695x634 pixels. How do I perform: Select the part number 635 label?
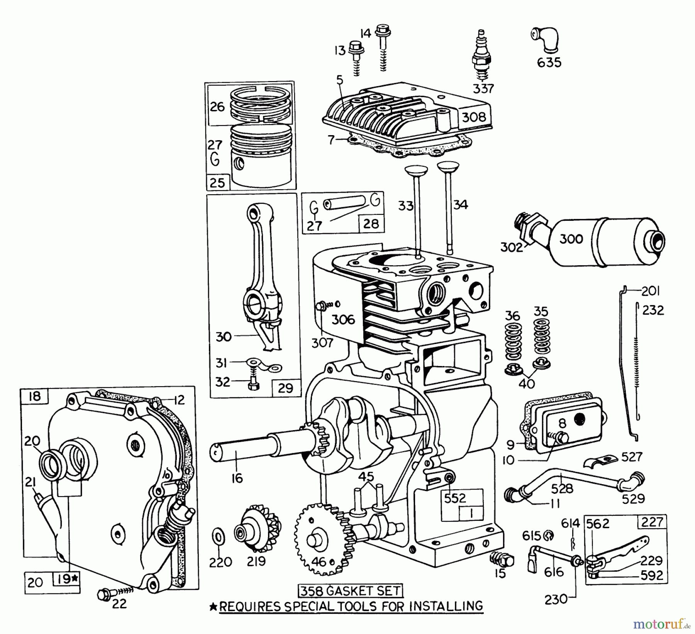549,63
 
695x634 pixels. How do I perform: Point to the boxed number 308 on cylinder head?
474,117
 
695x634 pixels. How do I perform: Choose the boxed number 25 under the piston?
217,182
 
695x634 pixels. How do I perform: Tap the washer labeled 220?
218,537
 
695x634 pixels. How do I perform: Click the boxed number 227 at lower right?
651,522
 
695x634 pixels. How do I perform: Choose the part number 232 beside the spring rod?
653,310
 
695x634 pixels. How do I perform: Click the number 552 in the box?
455,498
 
